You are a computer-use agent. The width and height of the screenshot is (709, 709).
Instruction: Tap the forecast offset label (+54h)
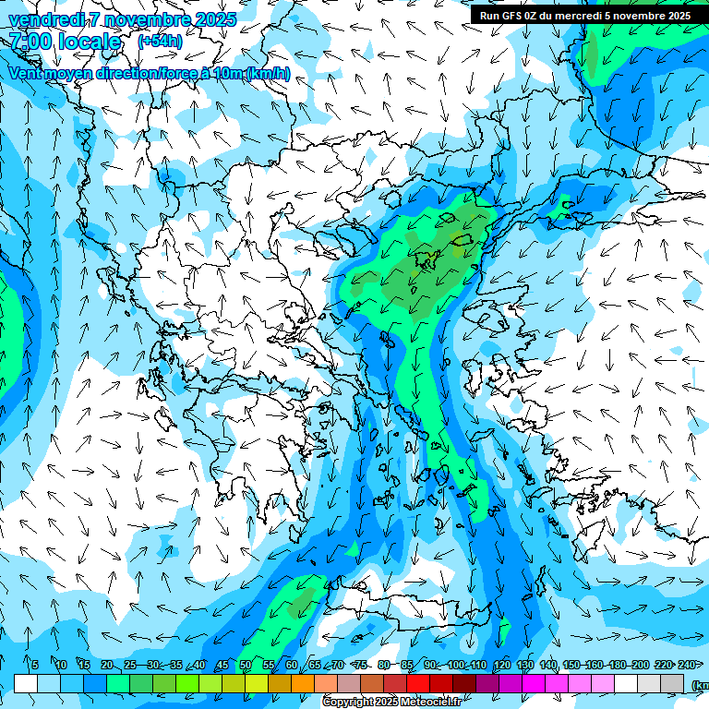[x=160, y=42]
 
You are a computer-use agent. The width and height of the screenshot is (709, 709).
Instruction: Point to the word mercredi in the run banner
[x=588, y=16]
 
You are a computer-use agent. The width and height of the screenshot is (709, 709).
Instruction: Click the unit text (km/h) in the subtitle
[x=269, y=73]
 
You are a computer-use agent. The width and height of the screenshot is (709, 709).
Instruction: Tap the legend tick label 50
[x=246, y=666]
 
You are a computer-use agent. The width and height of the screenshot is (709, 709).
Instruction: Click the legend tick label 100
[x=456, y=666]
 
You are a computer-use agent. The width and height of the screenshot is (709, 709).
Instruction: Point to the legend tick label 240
[x=687, y=666]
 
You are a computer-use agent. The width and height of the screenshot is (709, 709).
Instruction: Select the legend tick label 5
[x=35, y=666]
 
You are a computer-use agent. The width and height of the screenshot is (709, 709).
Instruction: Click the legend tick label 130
[x=525, y=666]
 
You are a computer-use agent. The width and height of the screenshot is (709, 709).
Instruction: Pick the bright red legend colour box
[x=418, y=683]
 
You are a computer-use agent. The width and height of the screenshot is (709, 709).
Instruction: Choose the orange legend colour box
[x=303, y=683]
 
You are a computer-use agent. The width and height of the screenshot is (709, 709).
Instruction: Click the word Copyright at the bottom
[x=348, y=703]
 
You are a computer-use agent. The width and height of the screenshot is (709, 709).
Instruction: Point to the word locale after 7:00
[x=92, y=42]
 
